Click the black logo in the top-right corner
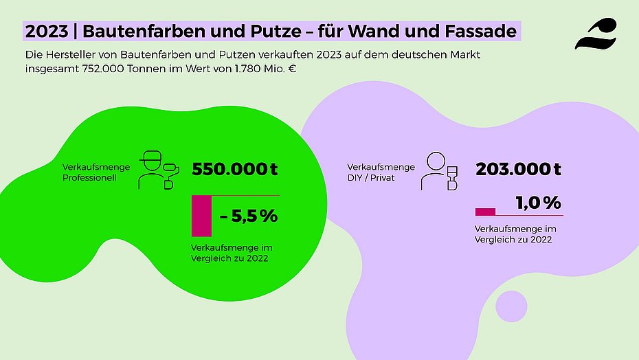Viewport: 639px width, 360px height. (x=595, y=34)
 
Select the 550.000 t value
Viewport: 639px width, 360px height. (x=235, y=169)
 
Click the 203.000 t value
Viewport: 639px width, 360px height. (x=519, y=169)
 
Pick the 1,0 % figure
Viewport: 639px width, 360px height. (x=539, y=203)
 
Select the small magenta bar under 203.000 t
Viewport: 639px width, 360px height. (x=485, y=212)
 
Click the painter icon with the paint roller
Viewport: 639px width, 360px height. (x=158, y=170)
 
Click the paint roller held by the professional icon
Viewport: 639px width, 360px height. (x=171, y=167)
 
